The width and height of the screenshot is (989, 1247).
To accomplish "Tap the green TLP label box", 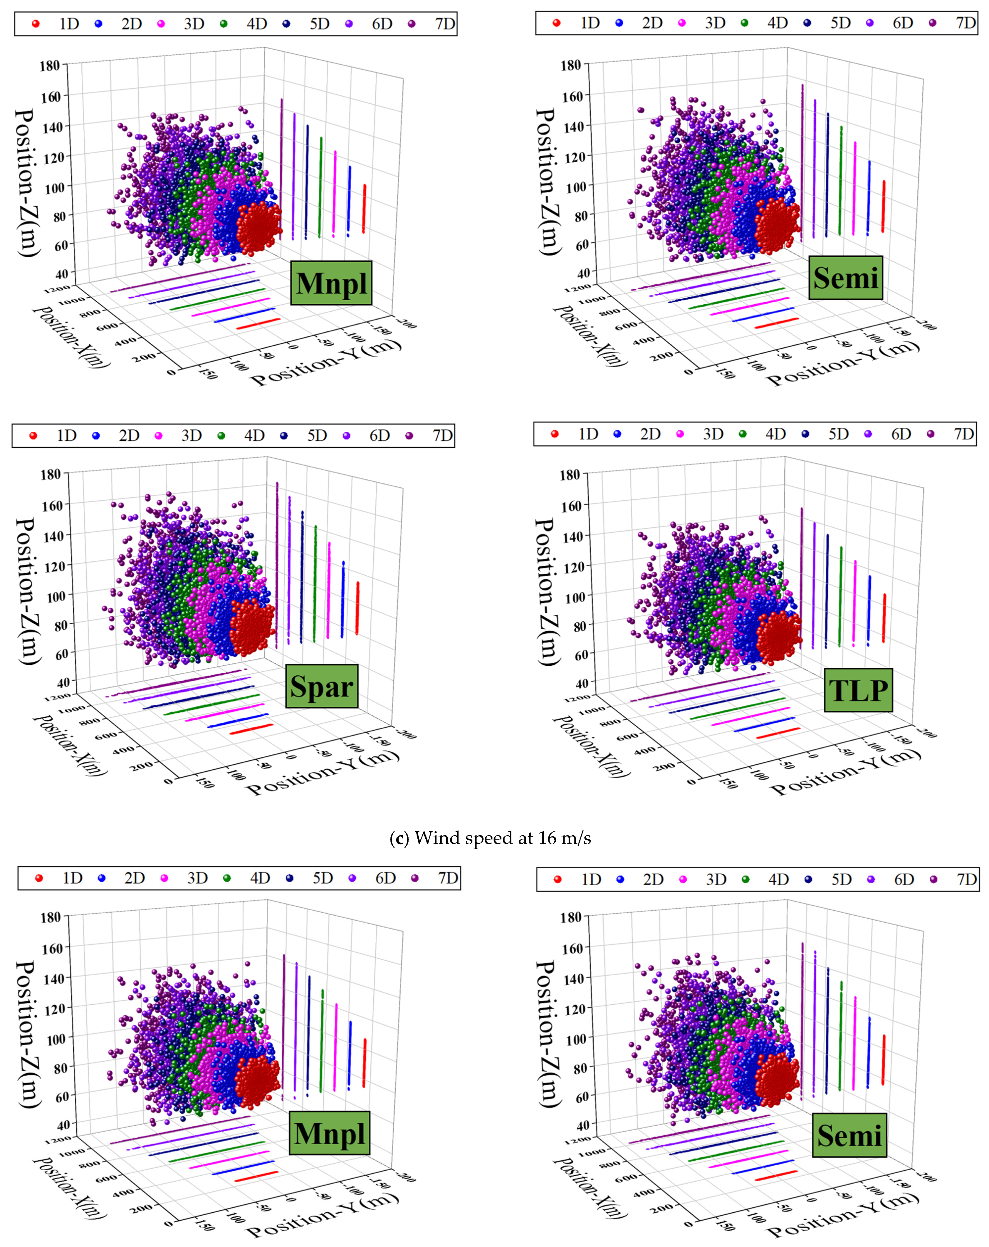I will [x=858, y=690].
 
